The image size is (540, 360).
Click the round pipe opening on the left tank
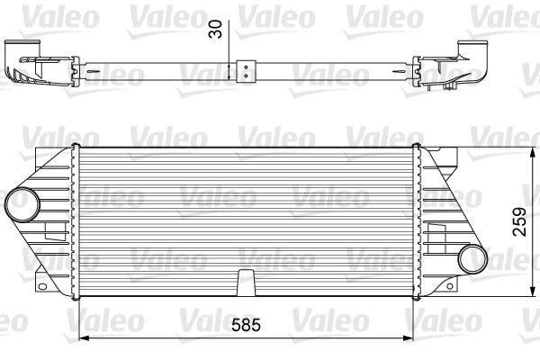click(19, 204)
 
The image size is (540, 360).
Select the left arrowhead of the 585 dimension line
click(86, 337)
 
